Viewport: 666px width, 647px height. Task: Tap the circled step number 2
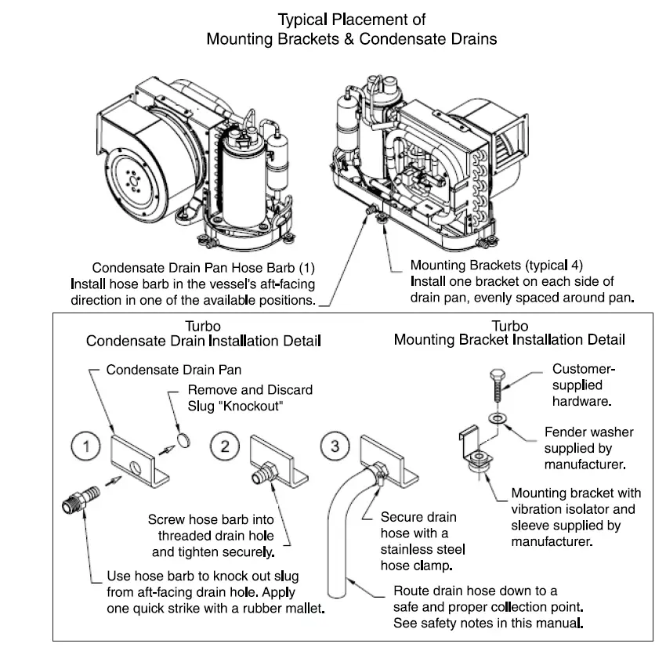coord(225,447)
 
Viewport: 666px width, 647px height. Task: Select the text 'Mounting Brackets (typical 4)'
coord(497,265)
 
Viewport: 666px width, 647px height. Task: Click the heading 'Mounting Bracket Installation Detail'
coord(509,340)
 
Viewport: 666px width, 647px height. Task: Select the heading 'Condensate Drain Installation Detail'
coord(204,341)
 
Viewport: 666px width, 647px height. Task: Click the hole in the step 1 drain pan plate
coord(135,469)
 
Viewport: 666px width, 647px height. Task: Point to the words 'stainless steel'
coord(418,549)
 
